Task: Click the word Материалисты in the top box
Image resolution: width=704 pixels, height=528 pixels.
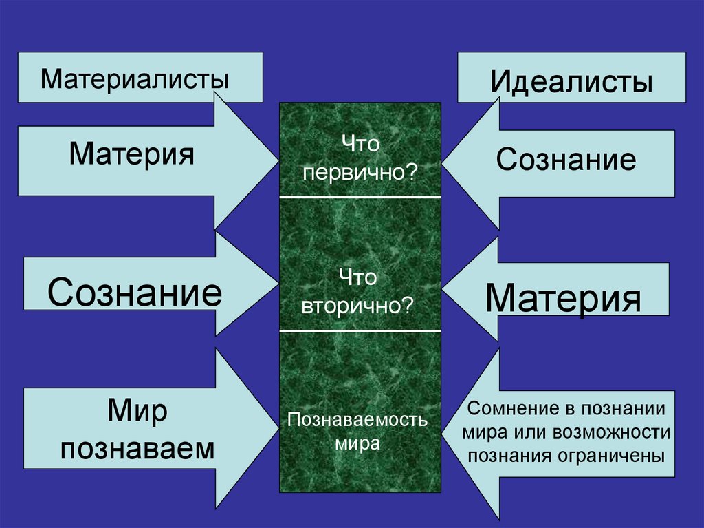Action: [134, 77]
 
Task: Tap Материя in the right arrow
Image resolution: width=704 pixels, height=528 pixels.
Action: [563, 298]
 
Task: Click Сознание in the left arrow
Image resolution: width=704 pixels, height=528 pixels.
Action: [135, 292]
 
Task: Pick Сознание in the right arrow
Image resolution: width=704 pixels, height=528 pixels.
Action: [566, 160]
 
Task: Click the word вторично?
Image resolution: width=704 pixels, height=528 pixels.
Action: [357, 304]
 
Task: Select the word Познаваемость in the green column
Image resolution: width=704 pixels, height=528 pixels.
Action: [357, 419]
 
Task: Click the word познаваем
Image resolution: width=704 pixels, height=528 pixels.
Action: [137, 449]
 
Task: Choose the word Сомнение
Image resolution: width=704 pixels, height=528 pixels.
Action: [511, 408]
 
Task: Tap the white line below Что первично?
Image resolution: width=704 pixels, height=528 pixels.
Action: [360, 197]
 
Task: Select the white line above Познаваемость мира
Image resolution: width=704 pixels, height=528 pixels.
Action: [360, 330]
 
